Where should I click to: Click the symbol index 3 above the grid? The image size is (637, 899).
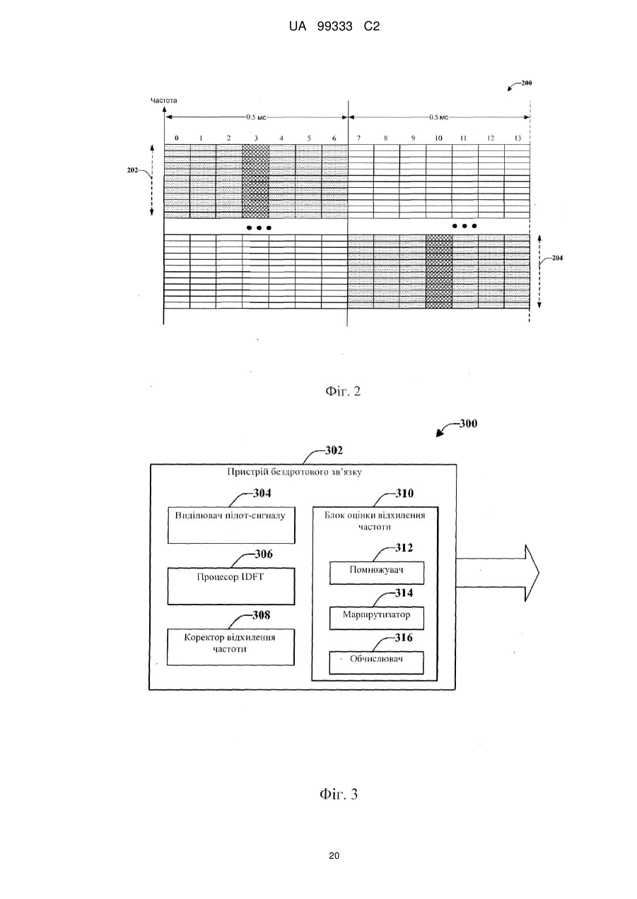pyautogui.click(x=256, y=138)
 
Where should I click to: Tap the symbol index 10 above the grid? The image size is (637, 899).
pyautogui.click(x=438, y=138)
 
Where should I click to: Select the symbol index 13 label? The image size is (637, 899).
pyautogui.click(x=518, y=138)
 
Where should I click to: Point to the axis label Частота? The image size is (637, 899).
pyautogui.click(x=163, y=100)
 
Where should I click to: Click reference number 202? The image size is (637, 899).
pyautogui.click(x=132, y=170)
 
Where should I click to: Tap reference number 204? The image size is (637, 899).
pyautogui.click(x=557, y=258)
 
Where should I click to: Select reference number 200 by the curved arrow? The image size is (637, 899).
pyautogui.click(x=527, y=83)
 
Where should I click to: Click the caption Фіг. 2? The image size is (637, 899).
pyautogui.click(x=343, y=391)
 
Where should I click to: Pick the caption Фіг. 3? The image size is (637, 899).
pyautogui.click(x=339, y=794)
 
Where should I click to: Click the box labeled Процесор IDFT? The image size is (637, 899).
pyautogui.click(x=231, y=586)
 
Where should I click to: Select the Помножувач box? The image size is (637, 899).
pyautogui.click(x=377, y=573)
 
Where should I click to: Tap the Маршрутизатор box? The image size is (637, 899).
pyautogui.click(x=377, y=618)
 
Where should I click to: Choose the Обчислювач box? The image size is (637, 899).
pyautogui.click(x=377, y=662)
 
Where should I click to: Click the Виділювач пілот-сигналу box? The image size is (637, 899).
pyautogui.click(x=231, y=525)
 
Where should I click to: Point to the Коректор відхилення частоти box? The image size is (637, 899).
pyautogui.click(x=230, y=647)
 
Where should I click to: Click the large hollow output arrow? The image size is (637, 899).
pyautogui.click(x=498, y=573)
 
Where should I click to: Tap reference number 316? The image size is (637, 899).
pyautogui.click(x=403, y=638)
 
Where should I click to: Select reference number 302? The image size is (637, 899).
pyautogui.click(x=334, y=451)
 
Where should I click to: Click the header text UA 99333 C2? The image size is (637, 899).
pyautogui.click(x=334, y=27)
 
